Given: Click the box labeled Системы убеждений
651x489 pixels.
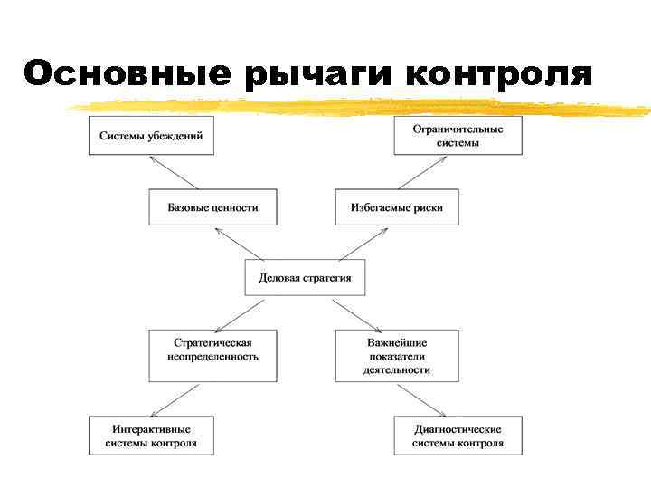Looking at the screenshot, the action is (151, 136).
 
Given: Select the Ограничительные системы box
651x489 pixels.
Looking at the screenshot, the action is (458, 136).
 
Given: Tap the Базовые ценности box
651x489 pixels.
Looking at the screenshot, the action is (212, 207).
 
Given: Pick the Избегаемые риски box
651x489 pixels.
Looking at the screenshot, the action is (397, 207).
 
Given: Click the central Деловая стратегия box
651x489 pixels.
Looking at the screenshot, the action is (305, 278).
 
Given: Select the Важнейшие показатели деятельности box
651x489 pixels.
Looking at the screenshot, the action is (397, 356).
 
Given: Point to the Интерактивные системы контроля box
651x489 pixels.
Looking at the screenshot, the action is (151, 436).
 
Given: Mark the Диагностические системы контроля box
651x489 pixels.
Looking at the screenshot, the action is (458, 436).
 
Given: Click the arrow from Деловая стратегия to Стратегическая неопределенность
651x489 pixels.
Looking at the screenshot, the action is (241, 312).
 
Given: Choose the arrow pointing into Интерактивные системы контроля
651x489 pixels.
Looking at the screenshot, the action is (177, 399).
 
